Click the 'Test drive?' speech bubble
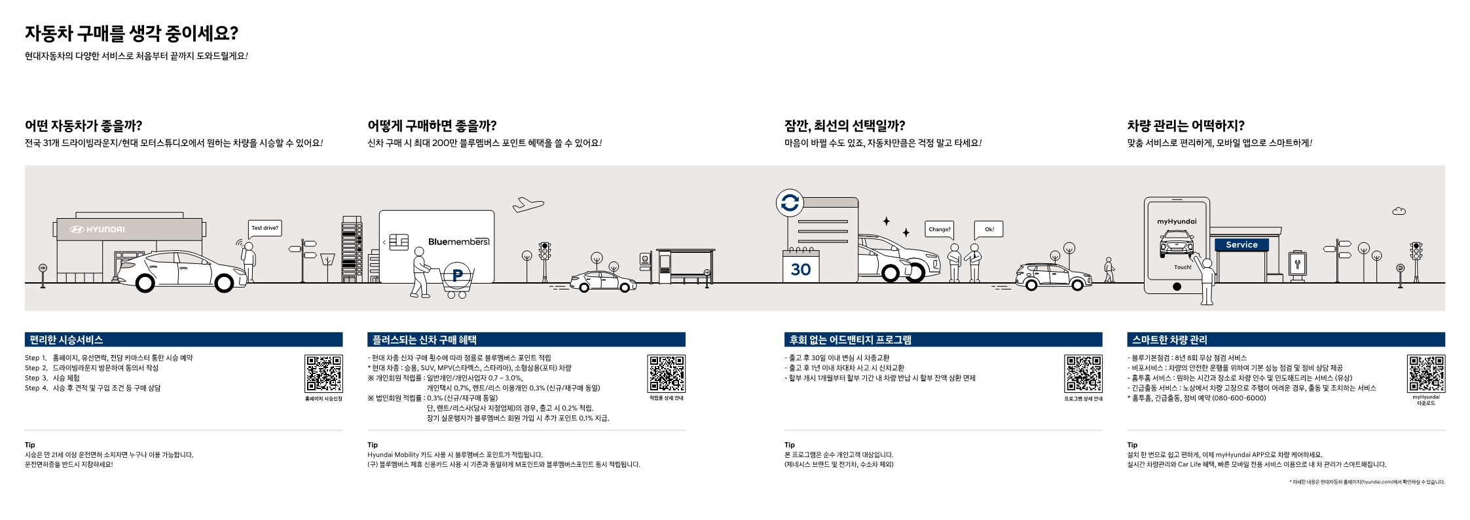coord(265,228)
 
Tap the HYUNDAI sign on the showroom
coord(97,229)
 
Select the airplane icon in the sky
coord(528,204)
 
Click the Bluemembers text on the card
coord(458,242)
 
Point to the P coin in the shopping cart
coord(457,276)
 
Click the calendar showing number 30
coord(800,269)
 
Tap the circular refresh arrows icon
coord(790,203)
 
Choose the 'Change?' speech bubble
coord(939,229)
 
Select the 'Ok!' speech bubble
coord(989,229)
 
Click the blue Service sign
coord(1241,244)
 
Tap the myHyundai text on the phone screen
coord(1177,221)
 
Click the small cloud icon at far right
coord(1399,211)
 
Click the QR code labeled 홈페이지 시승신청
coord(323,373)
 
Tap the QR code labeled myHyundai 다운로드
coord(1425,373)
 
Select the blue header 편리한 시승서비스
coord(183,339)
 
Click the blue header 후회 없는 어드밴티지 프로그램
coord(943,339)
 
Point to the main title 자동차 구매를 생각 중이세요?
coord(131,33)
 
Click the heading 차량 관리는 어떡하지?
coord(1186,125)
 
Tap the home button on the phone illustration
coord(1177,286)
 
